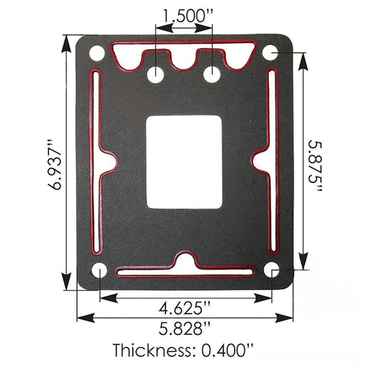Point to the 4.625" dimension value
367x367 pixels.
[x=185, y=308]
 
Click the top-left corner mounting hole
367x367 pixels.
[x=97, y=53]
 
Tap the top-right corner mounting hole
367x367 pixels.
[x=270, y=53]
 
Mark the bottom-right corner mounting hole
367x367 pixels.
[x=272, y=269]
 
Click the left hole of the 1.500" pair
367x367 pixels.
[x=156, y=75]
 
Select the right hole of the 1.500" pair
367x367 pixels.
[x=212, y=75]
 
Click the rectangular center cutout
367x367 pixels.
[x=184, y=162]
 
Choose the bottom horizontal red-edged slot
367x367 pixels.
[x=185, y=271]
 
